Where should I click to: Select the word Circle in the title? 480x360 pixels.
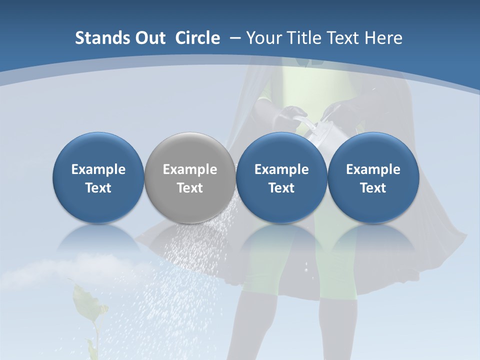click(x=197, y=38)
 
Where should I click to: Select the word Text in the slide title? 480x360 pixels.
click(x=344, y=38)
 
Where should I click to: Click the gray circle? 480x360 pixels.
click(x=190, y=177)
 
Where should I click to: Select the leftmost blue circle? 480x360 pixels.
click(x=98, y=177)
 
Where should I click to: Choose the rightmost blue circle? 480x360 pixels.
click(x=373, y=177)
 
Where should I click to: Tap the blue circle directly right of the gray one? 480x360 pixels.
click(x=281, y=177)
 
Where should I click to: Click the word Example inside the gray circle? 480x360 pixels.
click(x=190, y=169)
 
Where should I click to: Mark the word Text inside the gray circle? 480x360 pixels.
click(x=190, y=188)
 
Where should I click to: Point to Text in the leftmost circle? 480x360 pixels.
click(x=98, y=188)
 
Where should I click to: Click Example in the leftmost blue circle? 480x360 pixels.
click(x=98, y=169)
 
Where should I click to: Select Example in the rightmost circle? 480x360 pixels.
click(x=373, y=169)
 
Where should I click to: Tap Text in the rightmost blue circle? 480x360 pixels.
click(x=373, y=188)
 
